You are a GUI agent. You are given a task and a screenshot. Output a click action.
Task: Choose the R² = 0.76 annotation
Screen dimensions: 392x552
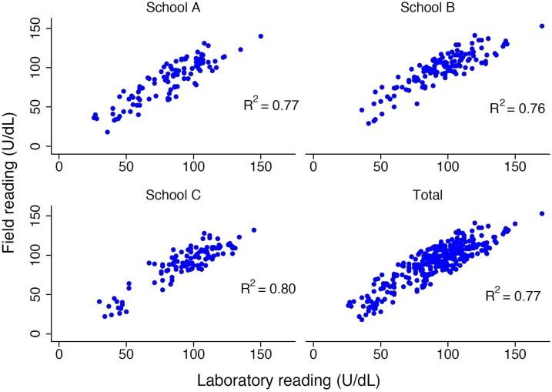point(517,108)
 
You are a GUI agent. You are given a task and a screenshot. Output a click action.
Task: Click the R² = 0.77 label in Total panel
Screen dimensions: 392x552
point(512,294)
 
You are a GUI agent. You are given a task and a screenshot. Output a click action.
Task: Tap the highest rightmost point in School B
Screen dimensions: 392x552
point(541,25)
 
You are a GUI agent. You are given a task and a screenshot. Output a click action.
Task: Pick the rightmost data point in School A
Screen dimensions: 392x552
point(261,36)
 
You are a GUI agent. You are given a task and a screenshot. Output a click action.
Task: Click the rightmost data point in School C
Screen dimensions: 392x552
point(254,230)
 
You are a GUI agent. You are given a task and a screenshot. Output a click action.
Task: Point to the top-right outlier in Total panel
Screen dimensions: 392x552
point(541,214)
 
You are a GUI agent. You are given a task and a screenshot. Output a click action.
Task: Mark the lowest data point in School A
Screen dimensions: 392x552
point(108,132)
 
